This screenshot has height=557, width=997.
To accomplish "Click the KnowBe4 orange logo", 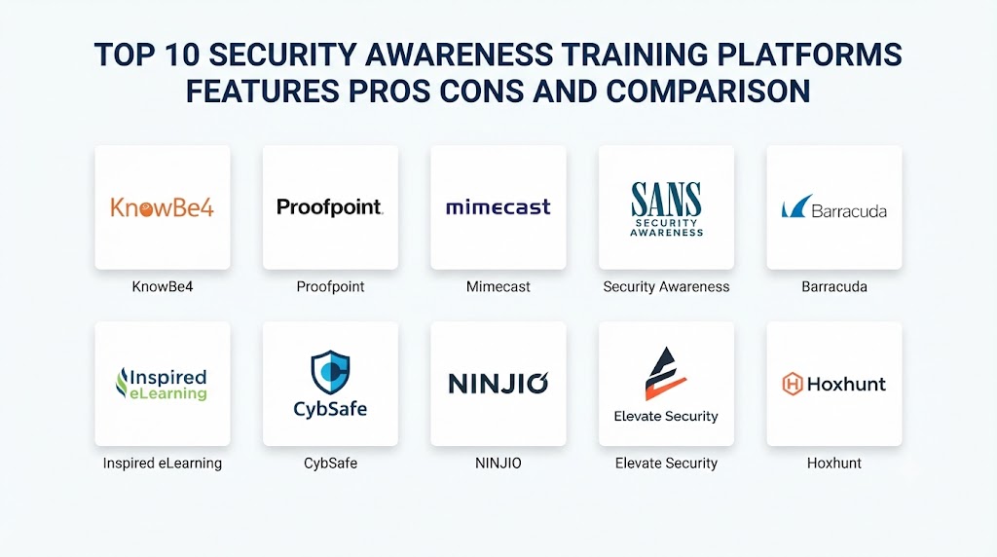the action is click(x=163, y=207).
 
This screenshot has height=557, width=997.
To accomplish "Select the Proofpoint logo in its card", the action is click(x=330, y=207).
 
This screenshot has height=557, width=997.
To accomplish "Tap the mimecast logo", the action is click(x=498, y=207).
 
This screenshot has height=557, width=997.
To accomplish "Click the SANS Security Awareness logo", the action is click(x=666, y=209).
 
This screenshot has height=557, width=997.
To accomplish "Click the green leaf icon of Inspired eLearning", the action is click(x=122, y=383).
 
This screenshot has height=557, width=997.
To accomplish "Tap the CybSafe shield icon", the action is click(x=330, y=372).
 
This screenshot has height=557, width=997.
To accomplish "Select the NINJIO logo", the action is click(x=498, y=384).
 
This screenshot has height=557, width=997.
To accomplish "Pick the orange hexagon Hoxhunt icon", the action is click(x=793, y=384).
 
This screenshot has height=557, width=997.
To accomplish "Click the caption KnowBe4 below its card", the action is click(x=163, y=286).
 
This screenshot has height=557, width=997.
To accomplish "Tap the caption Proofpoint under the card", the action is click(x=330, y=287).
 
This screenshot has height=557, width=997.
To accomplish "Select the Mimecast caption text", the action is click(x=498, y=286).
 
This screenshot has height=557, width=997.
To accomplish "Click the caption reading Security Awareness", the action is click(x=666, y=287).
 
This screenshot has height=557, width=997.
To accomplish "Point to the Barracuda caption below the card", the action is click(x=834, y=286).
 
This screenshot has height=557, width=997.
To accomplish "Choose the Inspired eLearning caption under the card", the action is click(x=163, y=464).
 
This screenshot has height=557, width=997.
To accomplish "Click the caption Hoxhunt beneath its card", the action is click(x=834, y=463).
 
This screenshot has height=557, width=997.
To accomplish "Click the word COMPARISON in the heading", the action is click(x=709, y=92).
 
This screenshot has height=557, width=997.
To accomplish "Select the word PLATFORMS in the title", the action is click(x=809, y=55).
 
